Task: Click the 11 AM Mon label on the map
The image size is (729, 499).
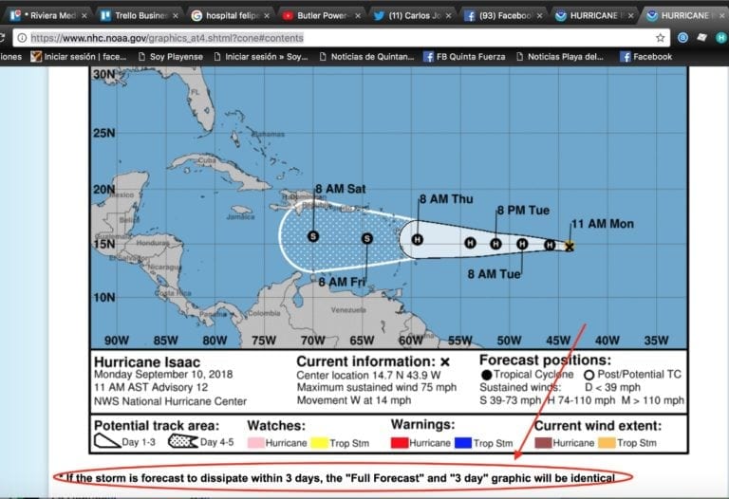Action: pyautogui.click(x=602, y=225)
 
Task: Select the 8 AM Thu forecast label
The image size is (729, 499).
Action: pyautogui.click(x=446, y=199)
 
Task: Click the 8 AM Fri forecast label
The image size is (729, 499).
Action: pyautogui.click(x=342, y=282)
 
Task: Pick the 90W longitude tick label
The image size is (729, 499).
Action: pyautogui.click(x=116, y=341)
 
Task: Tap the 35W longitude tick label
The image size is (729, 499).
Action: pyautogui.click(x=656, y=341)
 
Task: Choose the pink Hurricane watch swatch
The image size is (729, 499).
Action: pyautogui.click(x=255, y=443)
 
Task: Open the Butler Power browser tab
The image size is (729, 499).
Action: pyautogui.click(x=324, y=15)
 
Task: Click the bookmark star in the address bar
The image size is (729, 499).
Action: pyautogui.click(x=661, y=37)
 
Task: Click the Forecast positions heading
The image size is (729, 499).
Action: pyautogui.click(x=544, y=360)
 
